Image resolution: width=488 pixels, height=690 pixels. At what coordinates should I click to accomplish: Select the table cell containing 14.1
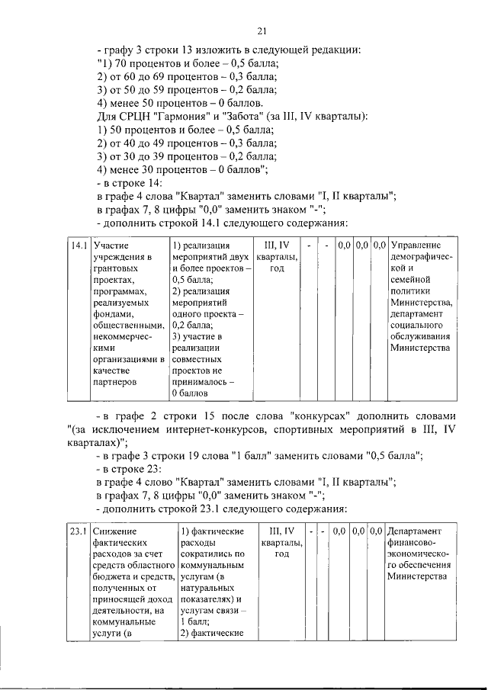[75, 246]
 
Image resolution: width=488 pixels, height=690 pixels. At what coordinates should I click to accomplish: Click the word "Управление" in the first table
[416, 246]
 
